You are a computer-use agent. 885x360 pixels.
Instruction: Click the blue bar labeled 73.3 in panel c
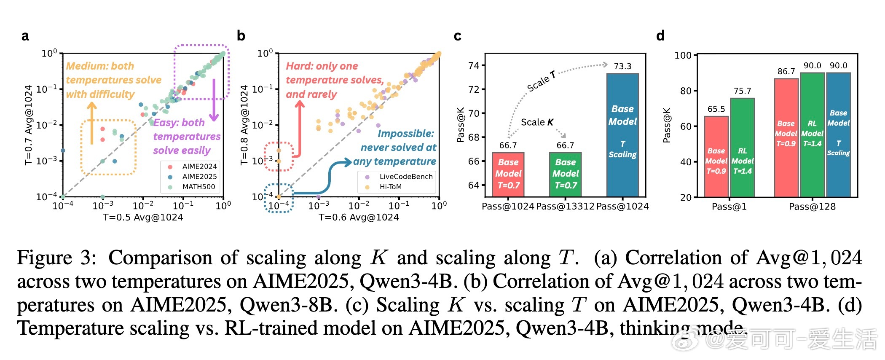[x=622, y=135]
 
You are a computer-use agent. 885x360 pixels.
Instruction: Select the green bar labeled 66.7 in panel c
[x=565, y=175]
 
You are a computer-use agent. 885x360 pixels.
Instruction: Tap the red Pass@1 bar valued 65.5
[x=716, y=156]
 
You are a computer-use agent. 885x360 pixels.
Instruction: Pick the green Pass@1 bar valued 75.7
[x=742, y=148]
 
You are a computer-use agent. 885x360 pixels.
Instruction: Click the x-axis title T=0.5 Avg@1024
[x=143, y=217]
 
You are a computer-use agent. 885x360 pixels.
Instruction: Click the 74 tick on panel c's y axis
[x=474, y=65]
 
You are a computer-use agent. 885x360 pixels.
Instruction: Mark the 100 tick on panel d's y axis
[x=683, y=55]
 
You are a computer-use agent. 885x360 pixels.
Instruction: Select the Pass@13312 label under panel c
[x=565, y=206]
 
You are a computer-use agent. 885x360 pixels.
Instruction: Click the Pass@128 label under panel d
[x=812, y=207]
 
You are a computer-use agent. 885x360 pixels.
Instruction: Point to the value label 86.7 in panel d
[x=786, y=72]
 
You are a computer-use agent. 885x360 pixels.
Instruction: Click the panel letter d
[x=660, y=36]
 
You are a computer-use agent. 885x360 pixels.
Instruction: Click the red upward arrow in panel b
[x=300, y=126]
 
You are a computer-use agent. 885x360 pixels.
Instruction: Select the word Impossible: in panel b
[x=405, y=134]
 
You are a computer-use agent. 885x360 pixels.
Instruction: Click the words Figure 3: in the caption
[x=56, y=258]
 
